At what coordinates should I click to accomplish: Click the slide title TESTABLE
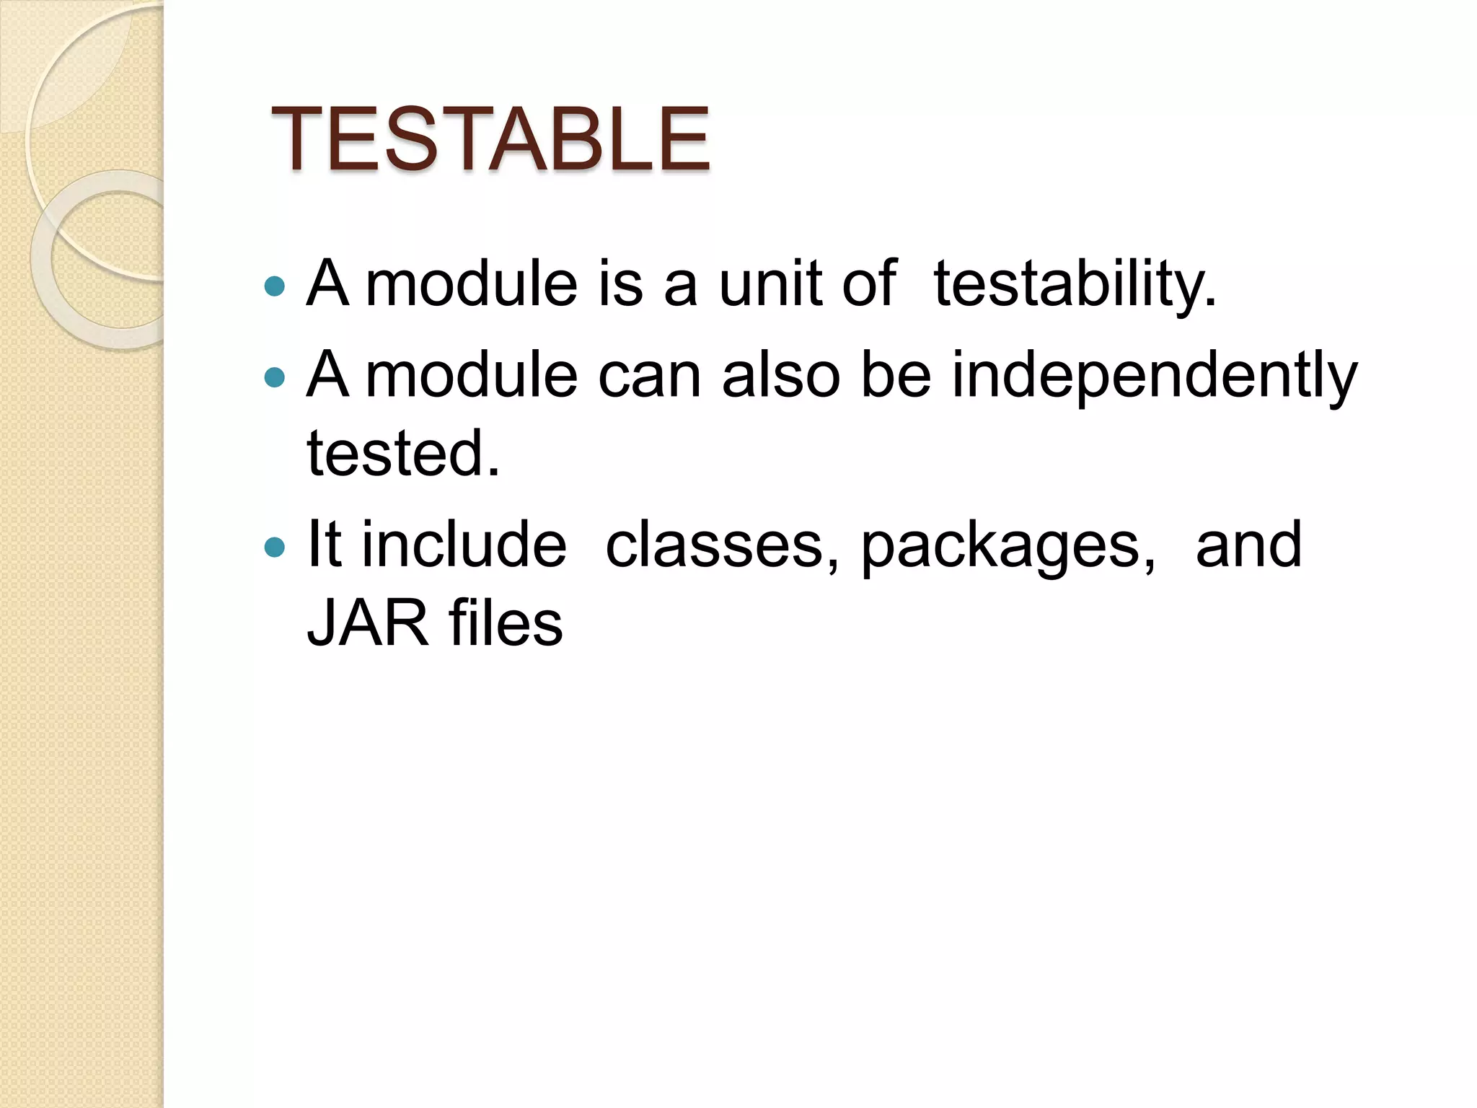[x=490, y=139]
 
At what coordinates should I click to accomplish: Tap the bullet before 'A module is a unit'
[x=275, y=287]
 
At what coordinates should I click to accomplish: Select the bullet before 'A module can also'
[x=275, y=377]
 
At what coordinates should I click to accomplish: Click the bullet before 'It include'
[x=275, y=548]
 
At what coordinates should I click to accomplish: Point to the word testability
[x=1075, y=285]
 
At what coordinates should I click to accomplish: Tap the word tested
[x=402, y=454]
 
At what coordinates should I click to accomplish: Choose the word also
[x=780, y=375]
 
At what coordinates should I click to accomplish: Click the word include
[x=464, y=545]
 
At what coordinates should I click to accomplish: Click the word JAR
[x=368, y=624]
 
